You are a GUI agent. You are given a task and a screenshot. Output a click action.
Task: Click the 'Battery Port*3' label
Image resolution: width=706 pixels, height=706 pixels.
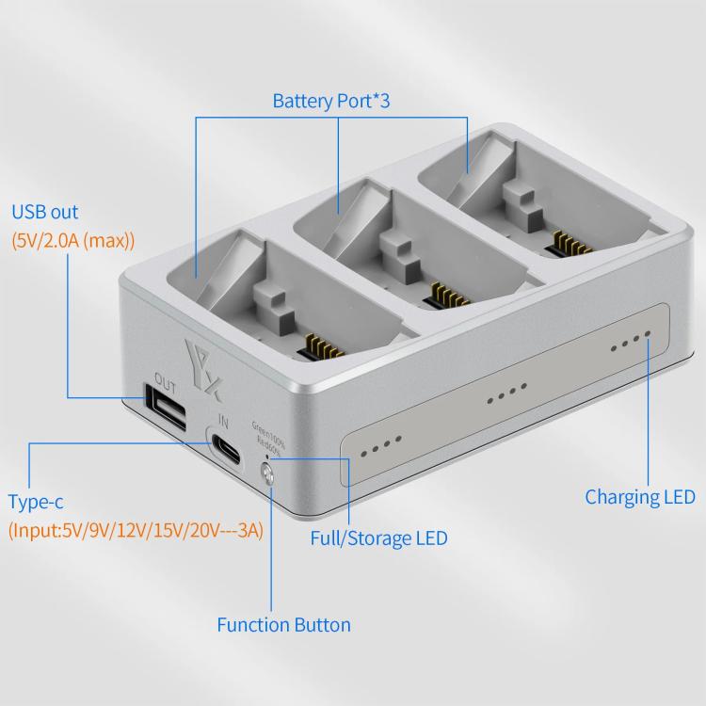tap(330, 100)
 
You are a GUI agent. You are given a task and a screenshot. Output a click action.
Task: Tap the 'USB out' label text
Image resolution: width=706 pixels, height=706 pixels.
tap(44, 212)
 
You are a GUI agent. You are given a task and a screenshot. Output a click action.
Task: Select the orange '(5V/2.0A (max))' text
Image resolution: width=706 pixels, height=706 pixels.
tap(73, 240)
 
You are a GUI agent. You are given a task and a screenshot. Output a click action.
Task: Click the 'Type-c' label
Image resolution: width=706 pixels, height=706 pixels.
tap(36, 501)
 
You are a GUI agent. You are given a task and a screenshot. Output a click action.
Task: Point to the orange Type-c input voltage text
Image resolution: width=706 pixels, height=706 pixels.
tap(136, 530)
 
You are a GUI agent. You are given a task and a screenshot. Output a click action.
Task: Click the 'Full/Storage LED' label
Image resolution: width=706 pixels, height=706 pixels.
tap(378, 538)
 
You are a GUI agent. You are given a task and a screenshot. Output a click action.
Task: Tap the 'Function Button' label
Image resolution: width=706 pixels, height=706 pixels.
tap(283, 624)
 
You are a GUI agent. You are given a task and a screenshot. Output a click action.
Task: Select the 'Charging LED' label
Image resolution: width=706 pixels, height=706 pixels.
tap(639, 496)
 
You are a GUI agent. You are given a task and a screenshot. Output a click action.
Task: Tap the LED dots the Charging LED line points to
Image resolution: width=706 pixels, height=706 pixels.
tap(630, 343)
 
